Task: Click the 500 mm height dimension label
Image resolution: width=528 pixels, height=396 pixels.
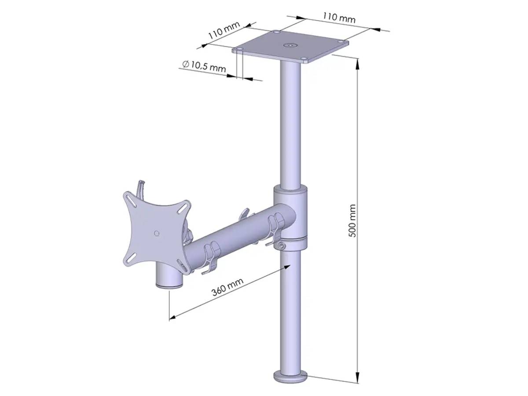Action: (x=352, y=220)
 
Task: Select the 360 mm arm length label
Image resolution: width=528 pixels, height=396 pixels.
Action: (x=227, y=288)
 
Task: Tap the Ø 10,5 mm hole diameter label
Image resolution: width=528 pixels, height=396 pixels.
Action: (x=204, y=66)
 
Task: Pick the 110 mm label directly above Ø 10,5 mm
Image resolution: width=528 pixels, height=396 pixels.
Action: (x=224, y=32)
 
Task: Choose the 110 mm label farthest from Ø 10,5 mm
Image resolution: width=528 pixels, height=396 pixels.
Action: (x=339, y=18)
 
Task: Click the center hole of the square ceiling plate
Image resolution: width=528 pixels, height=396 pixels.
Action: (x=290, y=45)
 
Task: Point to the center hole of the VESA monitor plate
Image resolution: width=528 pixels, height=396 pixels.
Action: (x=156, y=233)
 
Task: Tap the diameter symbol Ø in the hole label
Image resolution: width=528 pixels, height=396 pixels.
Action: (x=185, y=64)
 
